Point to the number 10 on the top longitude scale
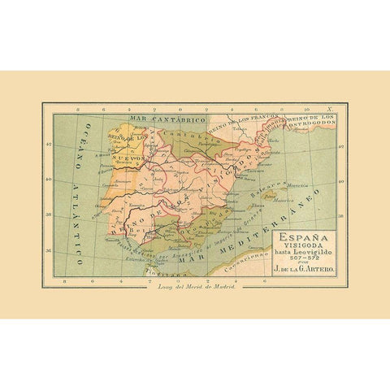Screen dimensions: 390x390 pyautogui.click(x=305, y=106)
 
